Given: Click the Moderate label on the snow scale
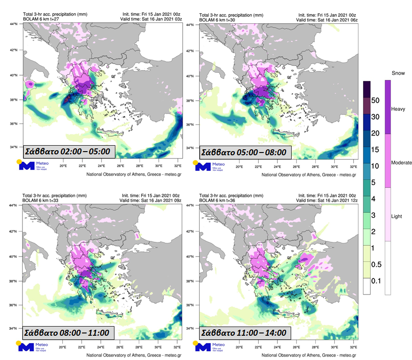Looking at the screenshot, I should click(402, 163).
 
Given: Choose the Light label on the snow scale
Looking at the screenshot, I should click(396, 216).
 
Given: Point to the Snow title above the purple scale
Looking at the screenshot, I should click(397, 73).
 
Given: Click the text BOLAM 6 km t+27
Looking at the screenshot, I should click(40, 20).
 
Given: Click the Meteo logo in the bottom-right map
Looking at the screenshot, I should click(208, 346).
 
